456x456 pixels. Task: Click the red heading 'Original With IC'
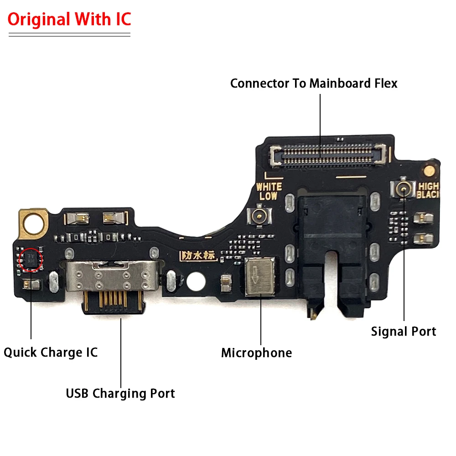click(69, 19)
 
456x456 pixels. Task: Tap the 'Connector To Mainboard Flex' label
click(314, 83)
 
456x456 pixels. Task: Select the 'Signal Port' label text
click(403, 332)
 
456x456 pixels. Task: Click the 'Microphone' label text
click(256, 352)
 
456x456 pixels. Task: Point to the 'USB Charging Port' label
click(120, 393)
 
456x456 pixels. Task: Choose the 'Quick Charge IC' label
click(51, 352)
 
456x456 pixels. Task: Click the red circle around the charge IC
click(31, 259)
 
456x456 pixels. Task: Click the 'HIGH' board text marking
click(428, 186)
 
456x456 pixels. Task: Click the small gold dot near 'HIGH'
click(428, 171)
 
